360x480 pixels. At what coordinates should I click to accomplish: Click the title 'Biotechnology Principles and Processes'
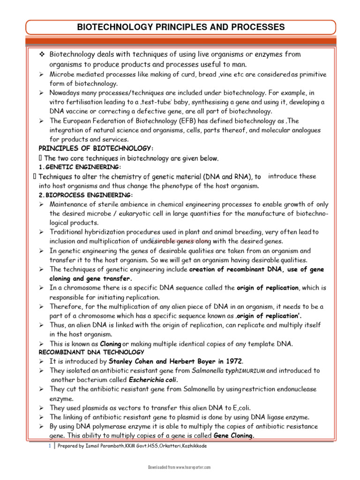180,27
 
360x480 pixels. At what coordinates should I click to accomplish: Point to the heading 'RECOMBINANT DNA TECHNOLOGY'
91,352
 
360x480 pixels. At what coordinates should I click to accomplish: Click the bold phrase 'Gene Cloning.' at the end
234,435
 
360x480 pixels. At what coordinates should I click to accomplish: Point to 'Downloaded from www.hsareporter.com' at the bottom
180,467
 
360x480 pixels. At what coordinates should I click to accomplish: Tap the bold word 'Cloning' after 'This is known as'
111,344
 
